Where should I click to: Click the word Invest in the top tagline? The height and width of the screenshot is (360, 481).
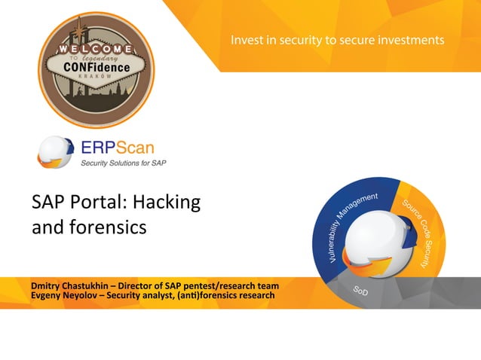click(x=248, y=39)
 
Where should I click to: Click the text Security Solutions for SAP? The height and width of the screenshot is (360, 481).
click(x=124, y=162)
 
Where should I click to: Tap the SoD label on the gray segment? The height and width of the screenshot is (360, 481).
click(x=360, y=291)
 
